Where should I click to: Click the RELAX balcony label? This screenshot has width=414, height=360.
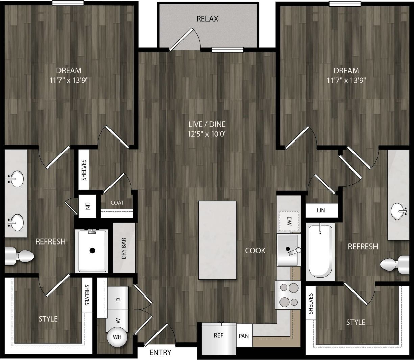coord(207,19)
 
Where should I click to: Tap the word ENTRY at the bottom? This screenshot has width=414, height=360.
coord(160,353)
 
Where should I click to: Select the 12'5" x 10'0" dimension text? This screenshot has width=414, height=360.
coord(207,134)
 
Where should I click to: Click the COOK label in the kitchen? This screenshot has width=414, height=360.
coord(255,251)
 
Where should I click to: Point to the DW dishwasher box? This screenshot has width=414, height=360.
coord(289,221)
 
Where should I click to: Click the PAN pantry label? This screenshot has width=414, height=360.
coord(244,336)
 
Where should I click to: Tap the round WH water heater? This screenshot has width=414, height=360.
coord(117,337)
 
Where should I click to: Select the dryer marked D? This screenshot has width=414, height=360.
coord(118,299)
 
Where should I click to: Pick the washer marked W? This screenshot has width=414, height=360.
coord(118,320)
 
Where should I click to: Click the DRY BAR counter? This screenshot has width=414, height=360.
coord(124,249)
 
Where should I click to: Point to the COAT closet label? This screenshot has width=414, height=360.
coord(117,203)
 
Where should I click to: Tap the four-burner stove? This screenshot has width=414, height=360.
coord(288,295)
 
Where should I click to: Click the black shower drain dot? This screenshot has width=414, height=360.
coord(92,250)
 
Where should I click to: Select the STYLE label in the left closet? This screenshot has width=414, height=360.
coord(48,319)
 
